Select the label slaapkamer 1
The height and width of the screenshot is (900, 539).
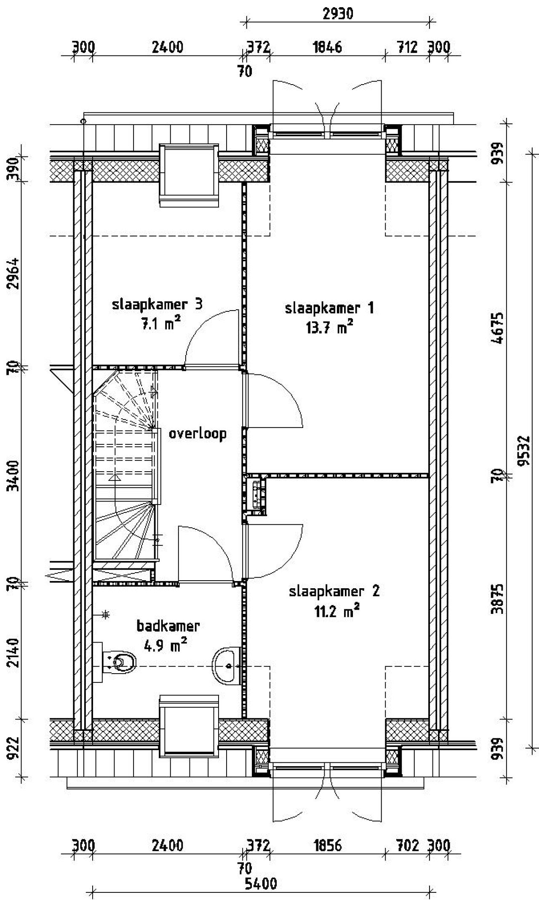(x=329, y=308)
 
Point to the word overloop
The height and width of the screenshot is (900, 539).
(x=197, y=433)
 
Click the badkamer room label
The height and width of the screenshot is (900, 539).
(x=168, y=626)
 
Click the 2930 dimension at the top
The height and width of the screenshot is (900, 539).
(x=338, y=14)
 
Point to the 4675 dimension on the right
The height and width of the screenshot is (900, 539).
(x=498, y=328)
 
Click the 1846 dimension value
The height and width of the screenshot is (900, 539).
(x=328, y=47)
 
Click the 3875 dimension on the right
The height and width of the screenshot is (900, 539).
(x=498, y=598)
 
